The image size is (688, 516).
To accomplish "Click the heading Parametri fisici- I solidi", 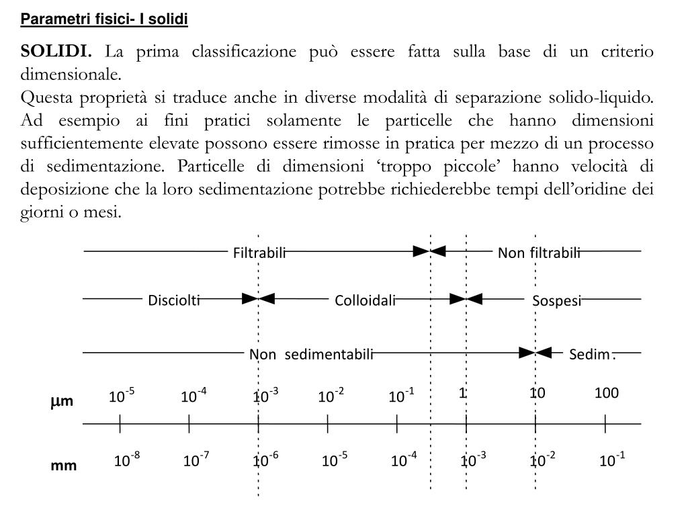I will (104, 19).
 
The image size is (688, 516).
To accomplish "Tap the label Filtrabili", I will (259, 253).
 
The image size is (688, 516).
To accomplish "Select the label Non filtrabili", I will (539, 253).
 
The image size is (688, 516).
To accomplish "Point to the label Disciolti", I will (174, 300).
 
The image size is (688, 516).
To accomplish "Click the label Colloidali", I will (365, 300).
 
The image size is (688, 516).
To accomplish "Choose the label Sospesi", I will (556, 300).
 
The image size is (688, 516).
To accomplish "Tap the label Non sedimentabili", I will (311, 354).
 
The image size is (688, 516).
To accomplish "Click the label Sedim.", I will (591, 354).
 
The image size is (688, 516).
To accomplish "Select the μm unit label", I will (62, 402).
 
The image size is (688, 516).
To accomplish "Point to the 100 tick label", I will (606, 393).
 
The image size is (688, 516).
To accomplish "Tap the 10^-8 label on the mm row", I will (127, 460).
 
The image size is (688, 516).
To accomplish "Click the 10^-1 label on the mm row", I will (612, 460).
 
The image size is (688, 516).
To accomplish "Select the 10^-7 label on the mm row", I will (196, 460).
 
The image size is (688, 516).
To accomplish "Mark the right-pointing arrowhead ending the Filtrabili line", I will (421, 251).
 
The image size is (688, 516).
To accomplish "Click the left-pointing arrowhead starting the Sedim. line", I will (544, 351).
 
